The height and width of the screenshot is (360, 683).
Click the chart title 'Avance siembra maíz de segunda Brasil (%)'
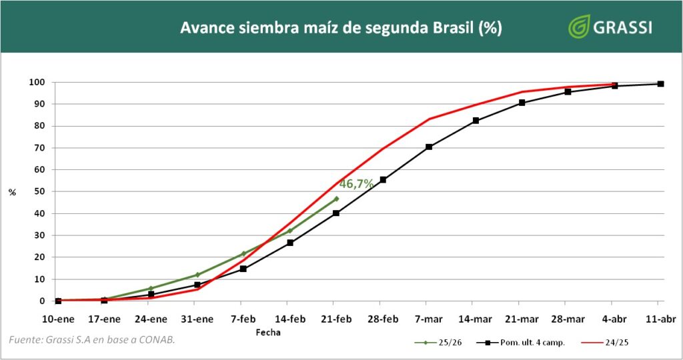(x=341, y=28)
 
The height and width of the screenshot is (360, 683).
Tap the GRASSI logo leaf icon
(x=579, y=27)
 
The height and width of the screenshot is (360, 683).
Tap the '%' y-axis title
(x=12, y=193)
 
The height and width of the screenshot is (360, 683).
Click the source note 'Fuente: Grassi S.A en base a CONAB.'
(x=92, y=341)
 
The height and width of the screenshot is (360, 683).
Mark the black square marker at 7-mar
(x=429, y=147)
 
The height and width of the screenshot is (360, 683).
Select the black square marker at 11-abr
(x=660, y=84)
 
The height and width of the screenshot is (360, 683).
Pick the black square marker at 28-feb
(x=383, y=179)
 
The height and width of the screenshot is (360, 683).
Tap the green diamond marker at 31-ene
(x=197, y=275)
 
